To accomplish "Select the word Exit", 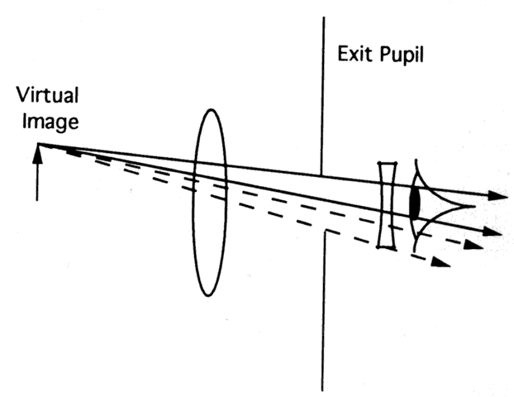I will point(354,56).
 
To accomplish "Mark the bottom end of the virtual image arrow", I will point(38,199).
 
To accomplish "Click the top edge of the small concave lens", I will point(386,163).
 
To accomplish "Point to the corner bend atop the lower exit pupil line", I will point(324,233).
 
